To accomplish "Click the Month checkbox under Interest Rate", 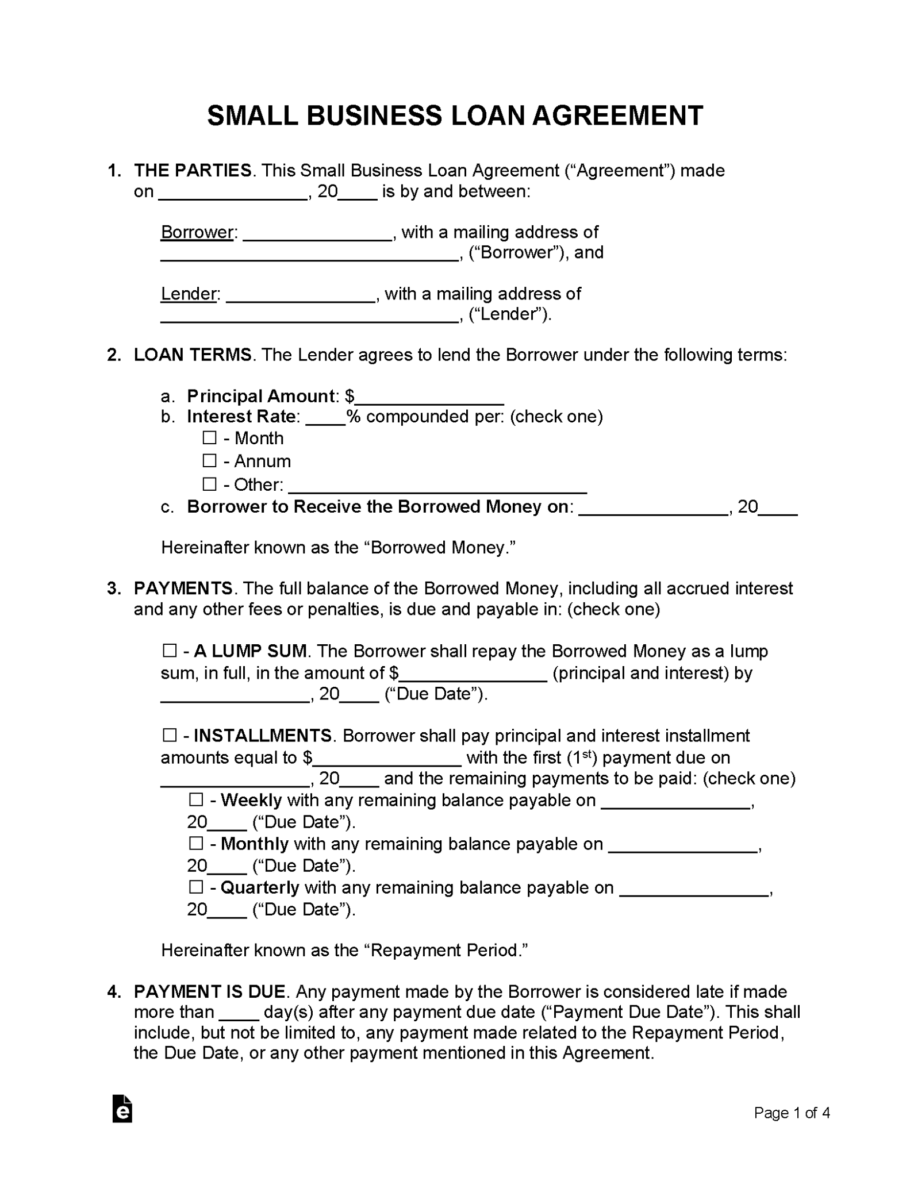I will pyautogui.click(x=209, y=438).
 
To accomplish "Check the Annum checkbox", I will pyautogui.click(x=209, y=461).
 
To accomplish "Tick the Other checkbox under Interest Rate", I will pyautogui.click(x=209, y=484).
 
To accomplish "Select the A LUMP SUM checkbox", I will pyautogui.click(x=169, y=651).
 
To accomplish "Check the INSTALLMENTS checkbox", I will pyautogui.click(x=169, y=735).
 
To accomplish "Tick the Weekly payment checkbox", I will pyautogui.click(x=196, y=799).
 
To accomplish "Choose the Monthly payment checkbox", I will pyautogui.click(x=196, y=843).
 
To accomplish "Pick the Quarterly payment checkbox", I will pyautogui.click(x=196, y=887).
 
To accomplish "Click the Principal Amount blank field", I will pyautogui.click(x=429, y=398).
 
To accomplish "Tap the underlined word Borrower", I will pyautogui.click(x=197, y=232).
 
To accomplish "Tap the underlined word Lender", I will pyautogui.click(x=189, y=294).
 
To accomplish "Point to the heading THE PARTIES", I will pyautogui.click(x=193, y=171).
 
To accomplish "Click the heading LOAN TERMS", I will pyautogui.click(x=193, y=355).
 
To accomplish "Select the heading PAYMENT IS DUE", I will pyautogui.click(x=209, y=991).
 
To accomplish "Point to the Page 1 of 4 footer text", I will pyautogui.click(x=792, y=1113).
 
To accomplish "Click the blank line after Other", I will pyautogui.click(x=437, y=486).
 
